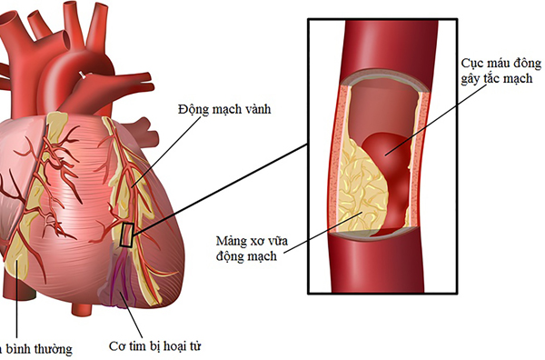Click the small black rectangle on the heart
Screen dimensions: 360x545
point(127,235)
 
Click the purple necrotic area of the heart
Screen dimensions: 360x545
point(124,282)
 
